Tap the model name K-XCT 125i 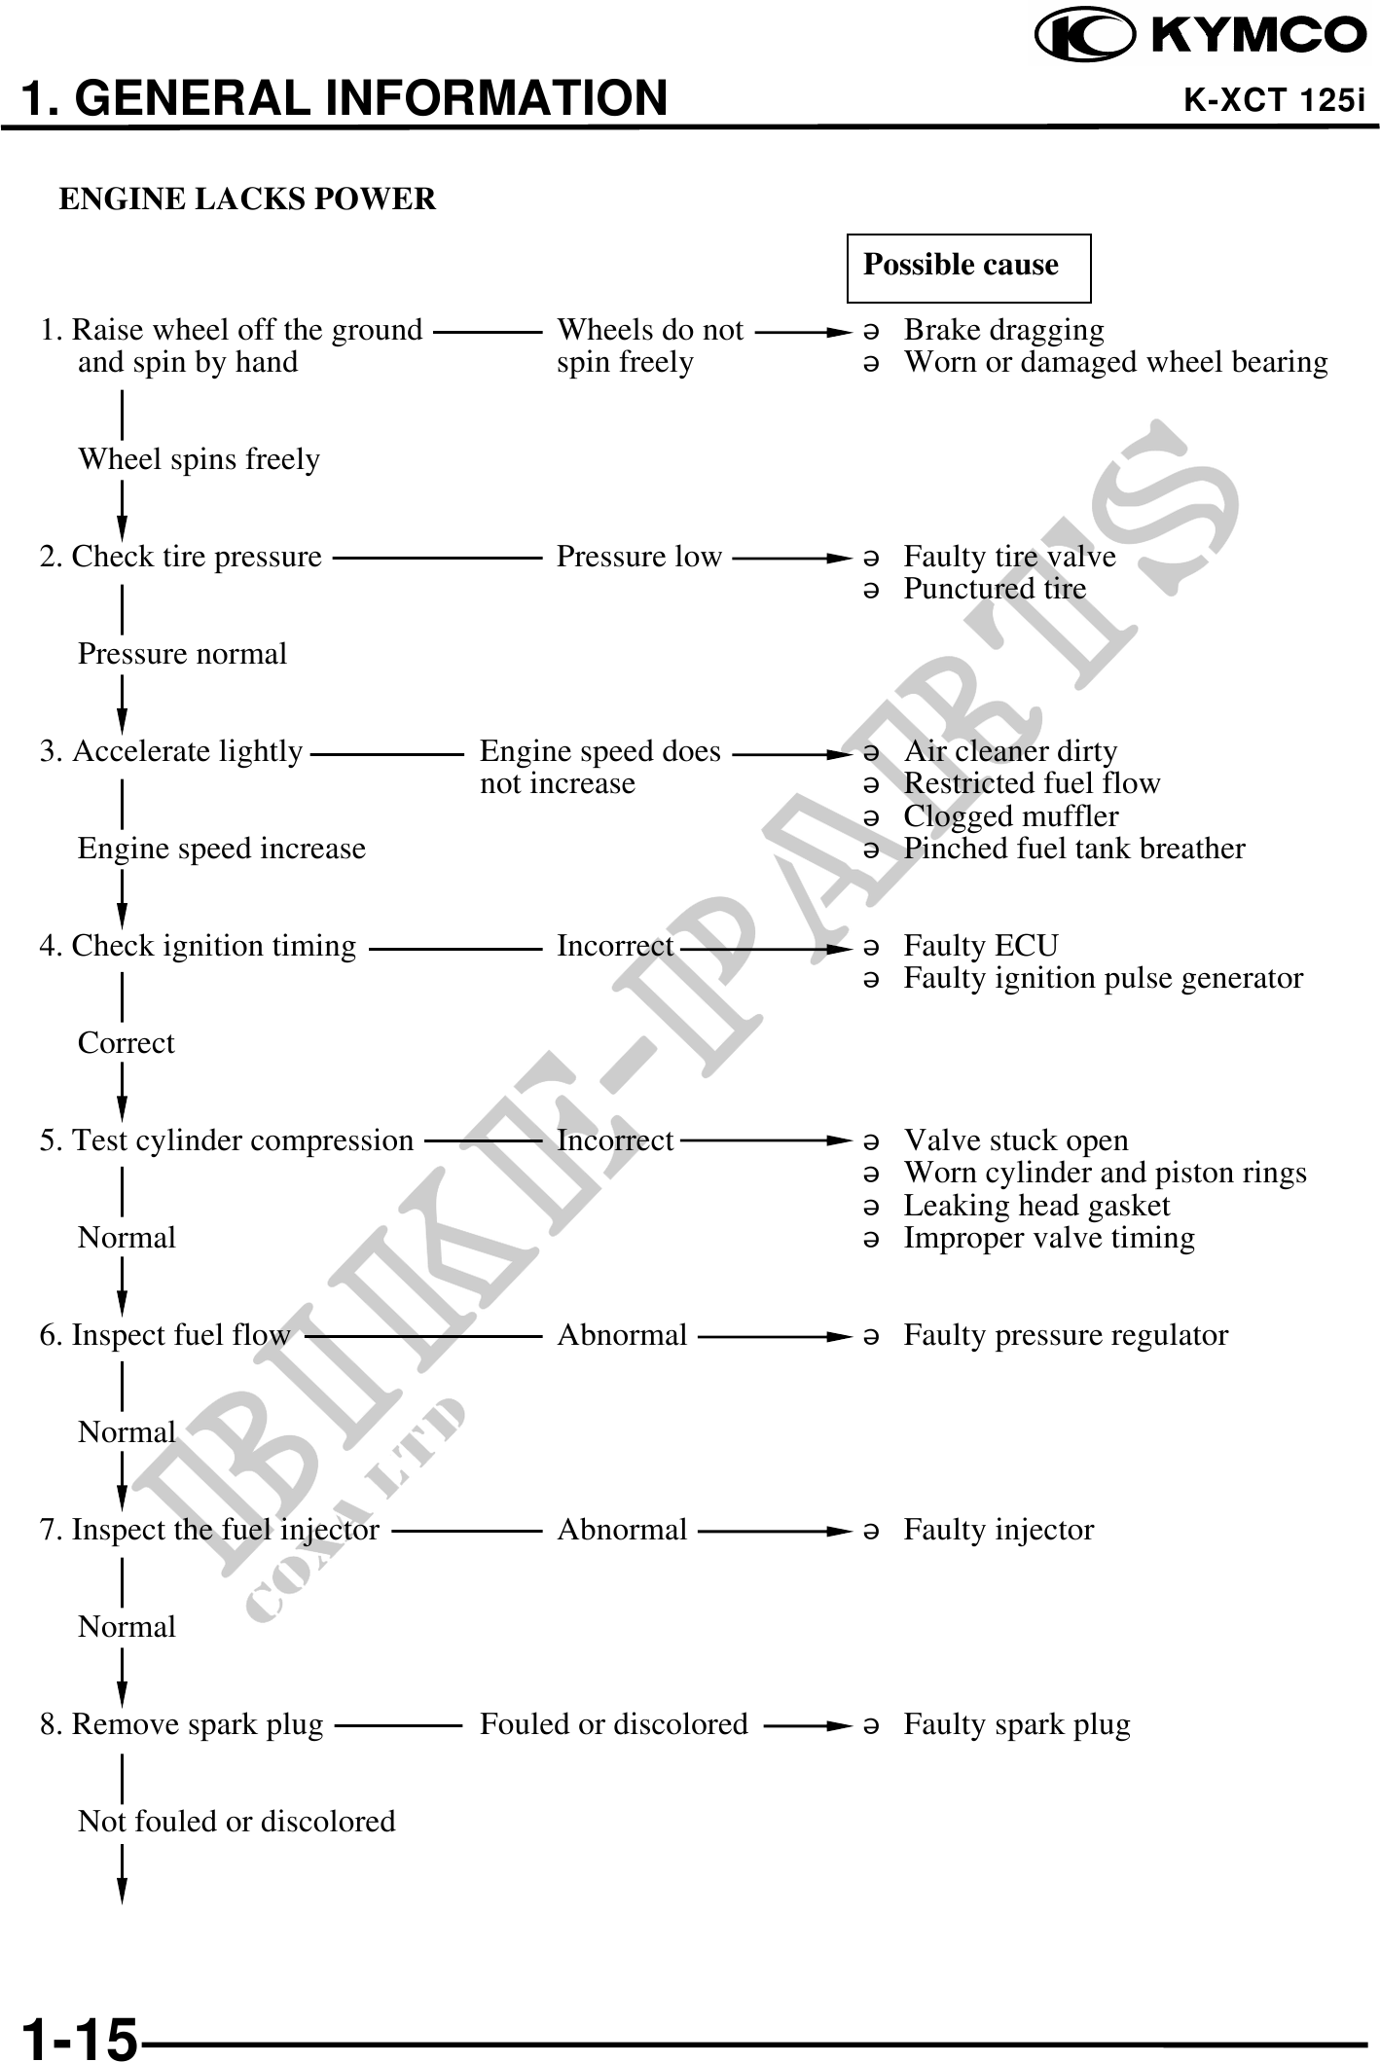(1273, 100)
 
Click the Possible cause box (968, 267)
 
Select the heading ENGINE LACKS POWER (247, 199)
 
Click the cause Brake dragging (1003, 331)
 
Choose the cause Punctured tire (994, 589)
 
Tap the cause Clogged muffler (1010, 816)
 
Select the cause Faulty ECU (980, 946)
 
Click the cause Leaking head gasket (1035, 1206)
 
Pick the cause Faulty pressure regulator (1065, 1335)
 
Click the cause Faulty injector (998, 1530)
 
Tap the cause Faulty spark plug (1016, 1724)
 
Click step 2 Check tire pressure (181, 557)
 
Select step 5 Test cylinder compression (227, 1140)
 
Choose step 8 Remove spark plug (182, 1724)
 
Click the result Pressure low (638, 557)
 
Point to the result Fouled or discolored (613, 1724)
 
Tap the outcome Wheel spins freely (199, 459)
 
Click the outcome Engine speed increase (221, 849)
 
